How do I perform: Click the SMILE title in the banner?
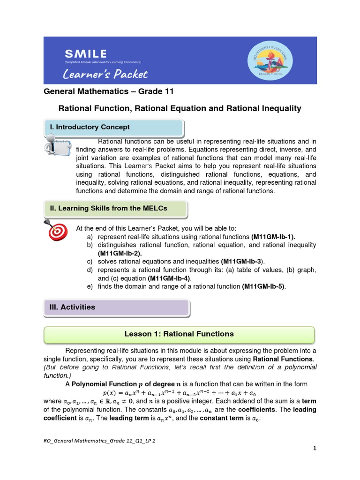coord(85,54)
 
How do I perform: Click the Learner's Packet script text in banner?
coord(105,74)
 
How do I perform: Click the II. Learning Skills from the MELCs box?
coord(115,208)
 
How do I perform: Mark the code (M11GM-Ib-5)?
coord(263,286)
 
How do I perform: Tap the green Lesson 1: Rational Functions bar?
coord(179,334)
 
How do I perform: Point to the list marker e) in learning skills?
coord(89,286)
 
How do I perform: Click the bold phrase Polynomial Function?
coord(98,384)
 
